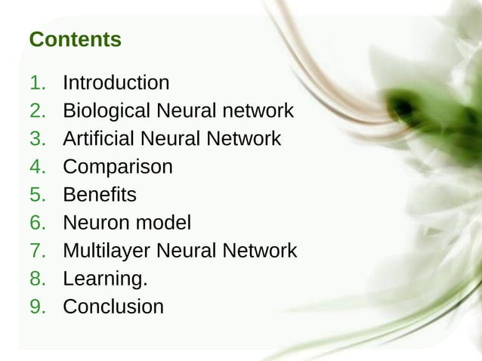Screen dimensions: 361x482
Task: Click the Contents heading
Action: tap(75, 39)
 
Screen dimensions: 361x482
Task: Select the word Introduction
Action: tap(116, 82)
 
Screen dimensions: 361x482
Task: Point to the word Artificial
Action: tap(95, 139)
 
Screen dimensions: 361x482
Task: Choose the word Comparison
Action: tap(117, 167)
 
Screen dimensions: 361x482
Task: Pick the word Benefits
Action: tap(99, 195)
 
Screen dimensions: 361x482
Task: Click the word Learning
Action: tap(104, 279)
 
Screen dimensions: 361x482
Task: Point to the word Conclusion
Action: tap(113, 307)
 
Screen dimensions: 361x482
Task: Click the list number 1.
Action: tap(37, 82)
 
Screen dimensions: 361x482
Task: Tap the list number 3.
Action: tap(37, 139)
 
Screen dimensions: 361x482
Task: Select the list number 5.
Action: tap(37, 195)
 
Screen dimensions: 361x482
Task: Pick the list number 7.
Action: tap(37, 251)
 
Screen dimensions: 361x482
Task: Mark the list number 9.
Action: tap(37, 307)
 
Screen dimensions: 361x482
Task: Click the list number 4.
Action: tap(37, 167)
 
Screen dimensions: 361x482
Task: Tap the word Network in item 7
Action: tap(259, 251)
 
